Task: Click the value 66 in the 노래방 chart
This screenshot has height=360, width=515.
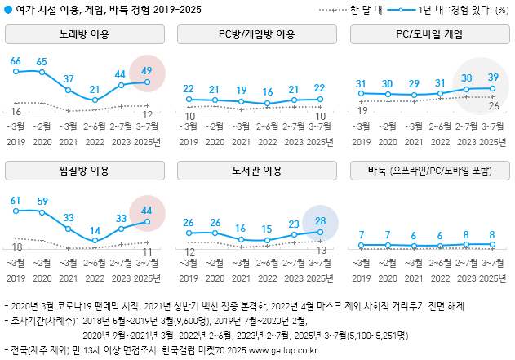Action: coord(16,62)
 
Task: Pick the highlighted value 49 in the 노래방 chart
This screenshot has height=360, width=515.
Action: coord(147,71)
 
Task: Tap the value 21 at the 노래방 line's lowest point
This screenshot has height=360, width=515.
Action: coord(95,90)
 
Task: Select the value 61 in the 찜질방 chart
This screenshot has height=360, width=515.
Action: coord(16,200)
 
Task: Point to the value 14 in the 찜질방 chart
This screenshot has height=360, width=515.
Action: coord(95,231)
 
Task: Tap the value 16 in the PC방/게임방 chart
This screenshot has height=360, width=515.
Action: coord(267,92)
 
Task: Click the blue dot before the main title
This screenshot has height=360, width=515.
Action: coord(9,9)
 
